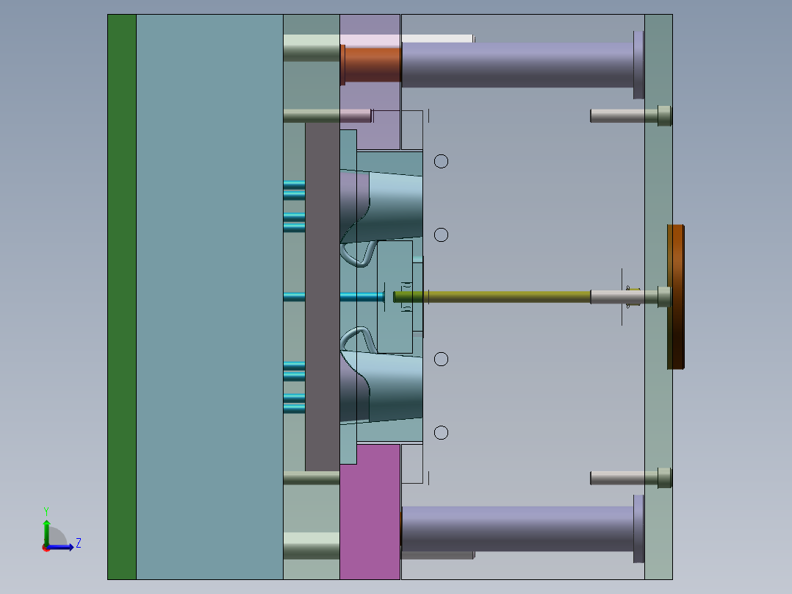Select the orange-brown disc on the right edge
(676, 297)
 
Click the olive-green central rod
(492, 296)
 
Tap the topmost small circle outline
(441, 161)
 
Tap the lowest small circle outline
(441, 432)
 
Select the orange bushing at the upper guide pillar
(372, 63)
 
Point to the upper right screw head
(664, 115)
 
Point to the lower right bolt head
(664, 478)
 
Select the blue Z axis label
(78, 543)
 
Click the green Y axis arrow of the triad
(46, 529)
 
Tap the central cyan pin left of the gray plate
(294, 296)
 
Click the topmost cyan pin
(294, 184)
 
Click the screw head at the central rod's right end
(664, 296)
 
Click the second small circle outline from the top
(441, 235)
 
